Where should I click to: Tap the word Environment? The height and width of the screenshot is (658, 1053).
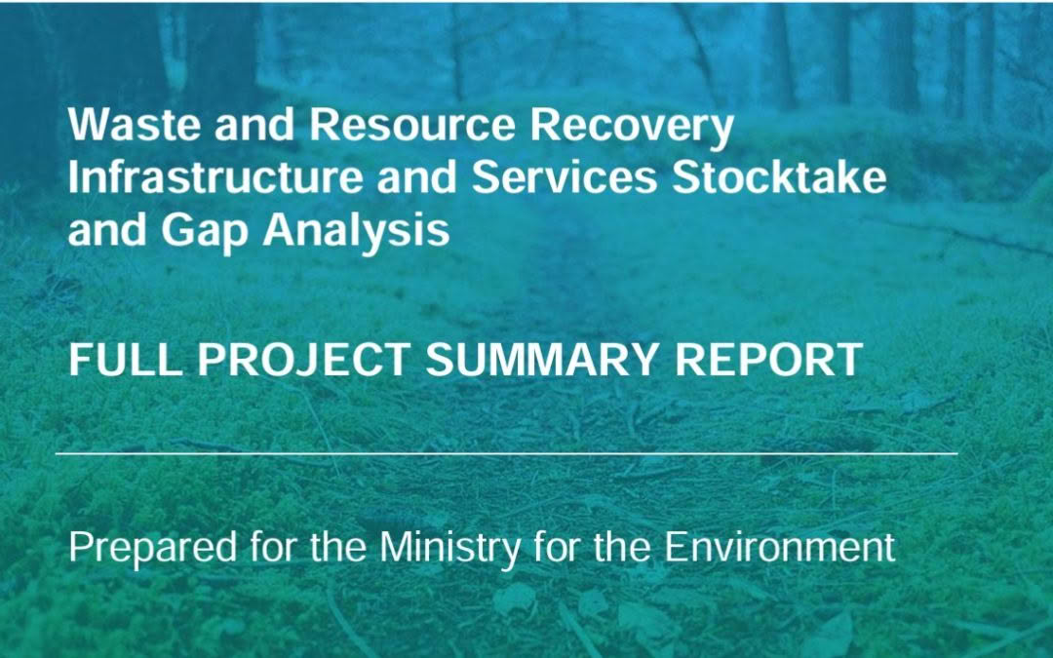[x=780, y=547]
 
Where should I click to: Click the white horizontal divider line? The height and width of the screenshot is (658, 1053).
[x=507, y=453]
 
